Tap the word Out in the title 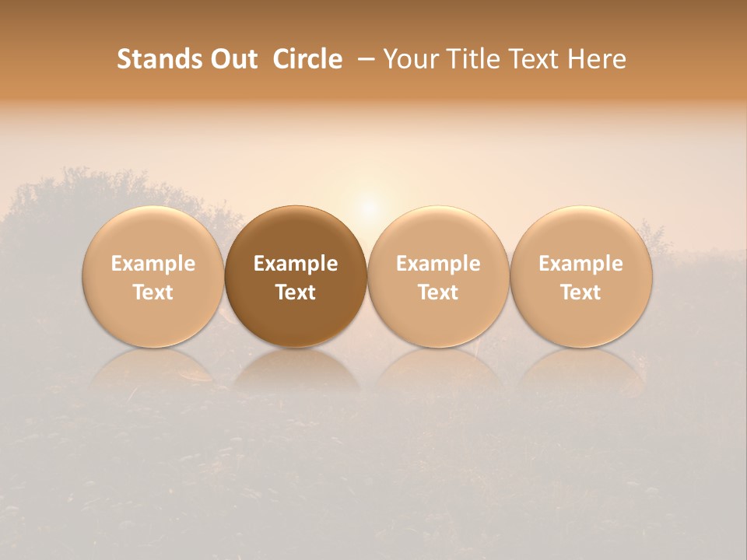(233, 59)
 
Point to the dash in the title (363, 60)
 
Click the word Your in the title (409, 59)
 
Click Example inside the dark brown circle (296, 264)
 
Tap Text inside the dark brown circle (296, 292)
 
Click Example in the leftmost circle (153, 264)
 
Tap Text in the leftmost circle (153, 292)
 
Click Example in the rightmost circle (581, 264)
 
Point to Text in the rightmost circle (581, 292)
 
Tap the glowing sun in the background (369, 207)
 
